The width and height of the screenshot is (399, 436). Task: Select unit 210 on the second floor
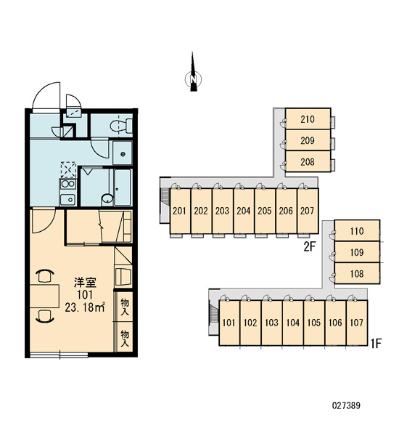coord(308,118)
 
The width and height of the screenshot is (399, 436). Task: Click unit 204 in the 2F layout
coord(244,211)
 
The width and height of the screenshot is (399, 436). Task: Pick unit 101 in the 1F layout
coord(229,323)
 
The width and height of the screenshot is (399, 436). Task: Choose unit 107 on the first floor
coord(357,323)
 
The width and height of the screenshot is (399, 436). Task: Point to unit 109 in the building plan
coord(357,252)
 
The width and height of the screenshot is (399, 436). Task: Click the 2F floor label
coord(310,246)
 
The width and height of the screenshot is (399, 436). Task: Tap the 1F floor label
coord(375,344)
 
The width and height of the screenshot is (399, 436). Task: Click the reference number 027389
coord(346,405)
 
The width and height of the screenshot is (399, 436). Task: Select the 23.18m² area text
coord(85,307)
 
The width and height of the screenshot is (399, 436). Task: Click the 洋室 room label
coord(85,283)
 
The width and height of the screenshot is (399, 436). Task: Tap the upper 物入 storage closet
coord(124,306)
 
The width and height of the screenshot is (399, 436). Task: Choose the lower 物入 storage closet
coord(124,338)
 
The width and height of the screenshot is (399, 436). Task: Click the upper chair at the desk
coord(45,276)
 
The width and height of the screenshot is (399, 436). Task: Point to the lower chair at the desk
coord(45,316)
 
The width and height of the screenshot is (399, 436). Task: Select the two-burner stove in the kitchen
coord(67,184)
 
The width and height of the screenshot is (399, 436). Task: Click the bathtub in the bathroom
coord(123,187)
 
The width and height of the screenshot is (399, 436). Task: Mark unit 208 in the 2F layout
coord(308,161)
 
